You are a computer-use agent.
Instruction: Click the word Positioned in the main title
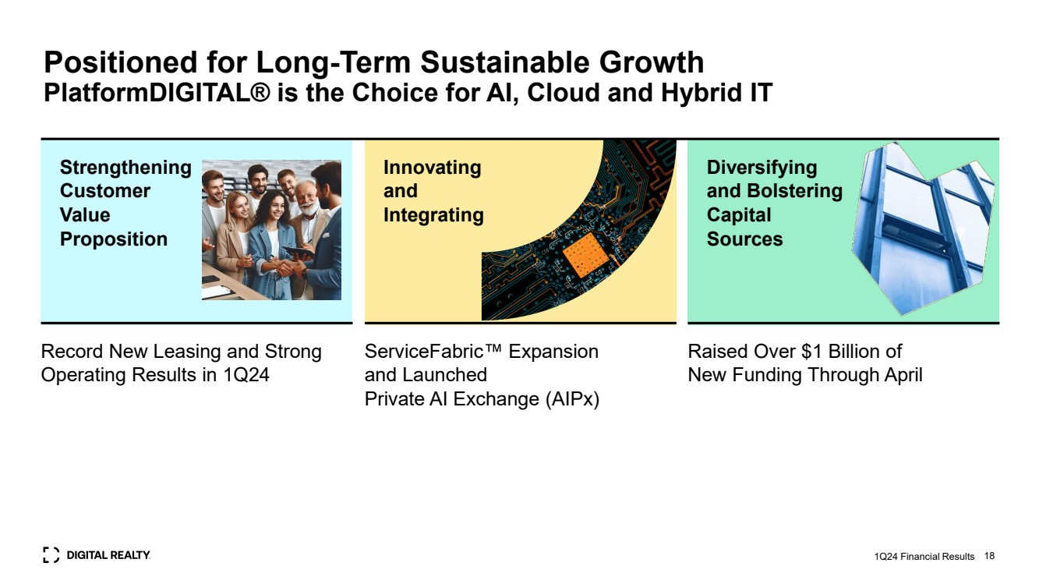click(121, 62)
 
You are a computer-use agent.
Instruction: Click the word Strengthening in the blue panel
click(125, 168)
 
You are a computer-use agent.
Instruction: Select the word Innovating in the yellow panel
click(433, 168)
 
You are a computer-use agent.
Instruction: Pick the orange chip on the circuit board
click(585, 256)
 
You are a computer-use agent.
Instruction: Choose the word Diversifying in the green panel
click(762, 168)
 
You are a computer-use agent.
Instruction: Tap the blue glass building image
click(923, 228)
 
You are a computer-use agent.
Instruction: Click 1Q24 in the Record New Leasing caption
click(246, 375)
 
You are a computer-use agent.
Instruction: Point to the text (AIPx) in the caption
click(572, 399)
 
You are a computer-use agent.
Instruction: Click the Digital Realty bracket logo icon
click(51, 555)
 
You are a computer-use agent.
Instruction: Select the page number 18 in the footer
click(989, 556)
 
